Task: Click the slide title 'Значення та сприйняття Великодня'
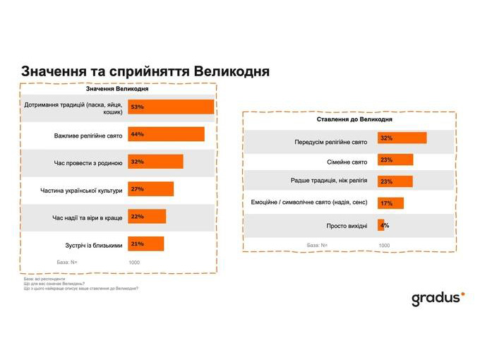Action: (145, 72)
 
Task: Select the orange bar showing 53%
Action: (170, 107)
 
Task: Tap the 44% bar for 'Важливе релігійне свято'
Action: (165, 134)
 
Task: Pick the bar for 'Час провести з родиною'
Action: (155, 162)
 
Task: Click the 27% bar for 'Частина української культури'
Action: (150, 189)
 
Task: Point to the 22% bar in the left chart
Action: (146, 217)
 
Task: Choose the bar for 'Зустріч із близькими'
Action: (145, 244)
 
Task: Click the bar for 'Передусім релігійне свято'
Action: (402, 138)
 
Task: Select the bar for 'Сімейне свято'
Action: (395, 160)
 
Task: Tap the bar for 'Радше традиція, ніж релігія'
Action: (395, 181)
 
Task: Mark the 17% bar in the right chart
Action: (390, 203)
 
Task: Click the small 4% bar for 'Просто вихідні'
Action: (381, 225)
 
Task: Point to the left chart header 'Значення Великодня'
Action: (117, 89)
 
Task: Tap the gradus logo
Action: (438, 298)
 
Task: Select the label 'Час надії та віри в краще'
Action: (87, 217)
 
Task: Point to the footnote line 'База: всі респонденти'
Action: (44, 279)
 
